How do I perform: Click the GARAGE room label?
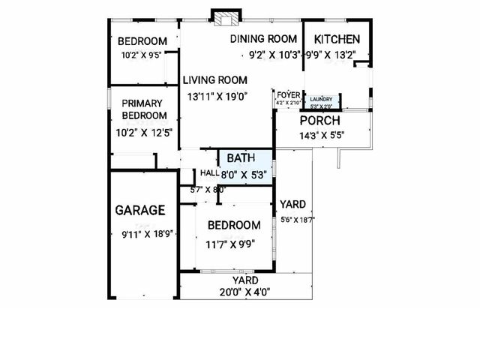coord(140,211)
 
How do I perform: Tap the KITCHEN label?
coord(337,40)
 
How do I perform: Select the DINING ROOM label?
coord(264,39)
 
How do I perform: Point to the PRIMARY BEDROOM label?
coord(145,109)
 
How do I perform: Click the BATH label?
coord(241,158)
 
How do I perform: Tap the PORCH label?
coord(320,121)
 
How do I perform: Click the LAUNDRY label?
coord(321,99)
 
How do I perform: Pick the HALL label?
coord(209,173)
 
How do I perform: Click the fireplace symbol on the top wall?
coord(224,18)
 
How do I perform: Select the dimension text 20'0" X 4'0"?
coord(244,292)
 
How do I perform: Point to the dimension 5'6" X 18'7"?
coord(297,220)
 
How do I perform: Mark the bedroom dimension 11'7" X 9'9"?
coord(234,244)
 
